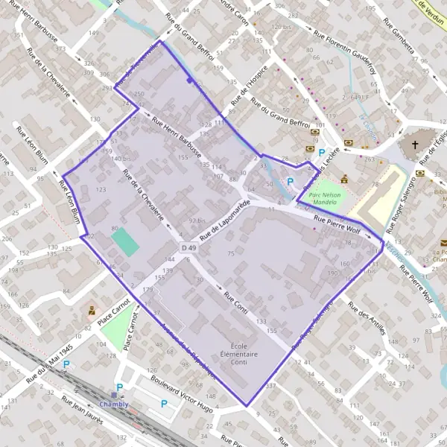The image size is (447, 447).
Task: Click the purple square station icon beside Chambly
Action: [x=114, y=395]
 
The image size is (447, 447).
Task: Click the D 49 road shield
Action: [x=188, y=247]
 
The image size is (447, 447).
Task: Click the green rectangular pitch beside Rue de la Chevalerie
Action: [x=124, y=242]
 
